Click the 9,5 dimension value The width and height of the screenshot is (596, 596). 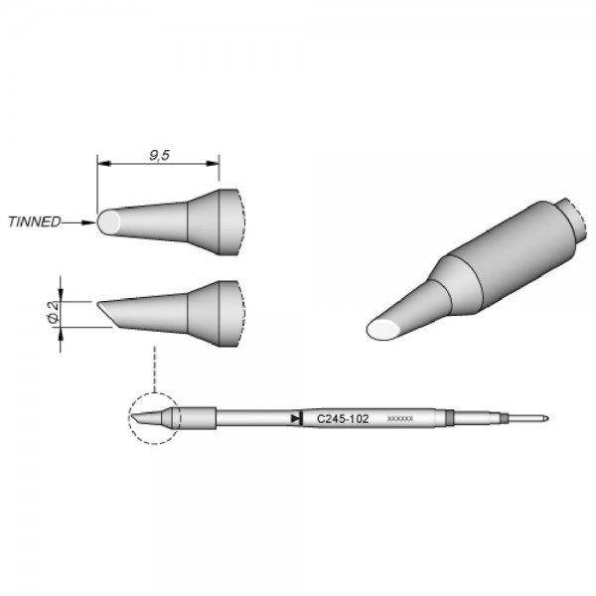[x=157, y=155]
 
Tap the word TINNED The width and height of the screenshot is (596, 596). [x=34, y=223]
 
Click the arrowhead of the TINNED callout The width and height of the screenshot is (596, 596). [x=90, y=223]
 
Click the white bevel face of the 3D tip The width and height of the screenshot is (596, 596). [x=384, y=330]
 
